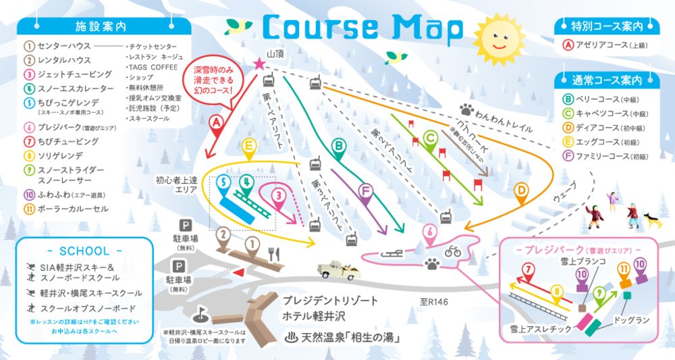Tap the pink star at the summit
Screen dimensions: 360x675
point(259,64)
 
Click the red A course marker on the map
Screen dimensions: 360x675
point(216,123)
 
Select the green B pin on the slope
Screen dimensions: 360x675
point(339,145)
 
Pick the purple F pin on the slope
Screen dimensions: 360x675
point(365,194)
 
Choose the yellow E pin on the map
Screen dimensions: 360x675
point(249,147)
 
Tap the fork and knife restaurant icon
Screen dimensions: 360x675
point(274,253)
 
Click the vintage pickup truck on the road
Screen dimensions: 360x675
point(340,268)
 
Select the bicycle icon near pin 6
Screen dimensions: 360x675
point(452,251)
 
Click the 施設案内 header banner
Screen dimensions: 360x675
point(101,26)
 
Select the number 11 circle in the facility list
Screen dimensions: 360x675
point(29,209)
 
